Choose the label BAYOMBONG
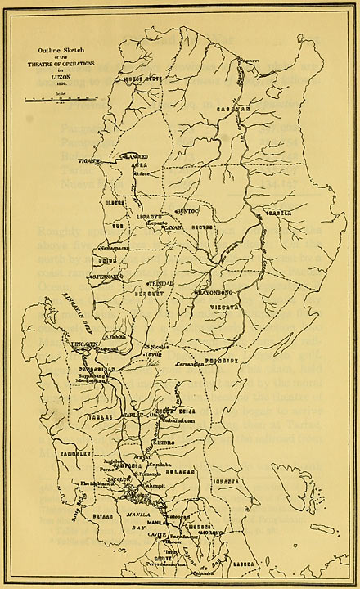coord(216,290)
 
